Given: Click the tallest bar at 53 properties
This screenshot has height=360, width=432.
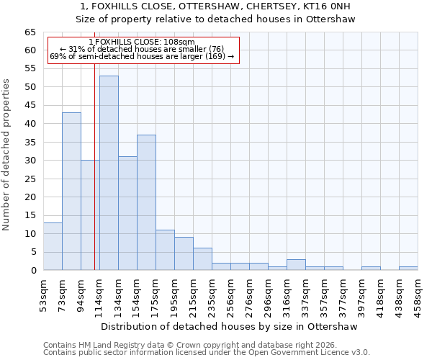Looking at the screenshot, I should (109, 173).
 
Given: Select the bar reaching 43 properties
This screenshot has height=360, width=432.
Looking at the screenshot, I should (71, 191).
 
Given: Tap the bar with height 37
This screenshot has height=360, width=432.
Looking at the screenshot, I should (146, 202).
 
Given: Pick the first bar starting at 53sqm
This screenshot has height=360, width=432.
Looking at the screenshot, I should (53, 246).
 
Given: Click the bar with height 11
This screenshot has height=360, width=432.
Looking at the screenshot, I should (165, 250).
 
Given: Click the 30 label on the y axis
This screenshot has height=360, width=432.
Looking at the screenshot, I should (30, 161).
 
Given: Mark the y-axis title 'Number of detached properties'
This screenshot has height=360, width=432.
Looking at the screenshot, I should (6, 156).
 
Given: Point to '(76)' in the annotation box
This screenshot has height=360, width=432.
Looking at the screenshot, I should (215, 49).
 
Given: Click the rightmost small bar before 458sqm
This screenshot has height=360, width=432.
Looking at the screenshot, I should (408, 268).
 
